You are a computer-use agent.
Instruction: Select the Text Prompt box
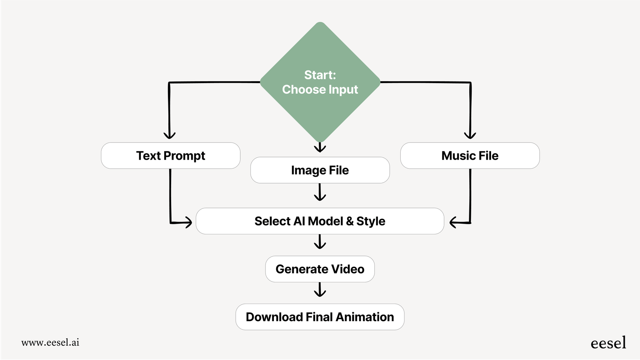coord(171,155)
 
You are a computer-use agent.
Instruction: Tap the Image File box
coord(320,170)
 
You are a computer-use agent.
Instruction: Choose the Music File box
coord(470,155)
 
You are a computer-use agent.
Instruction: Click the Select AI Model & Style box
coord(320,221)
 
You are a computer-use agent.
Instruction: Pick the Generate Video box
coord(320,269)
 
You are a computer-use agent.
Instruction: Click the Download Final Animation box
coord(320,317)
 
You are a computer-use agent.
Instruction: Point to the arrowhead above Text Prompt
coord(170,135)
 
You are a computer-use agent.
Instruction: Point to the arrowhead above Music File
coord(470,135)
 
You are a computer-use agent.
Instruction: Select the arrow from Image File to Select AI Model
coord(320,192)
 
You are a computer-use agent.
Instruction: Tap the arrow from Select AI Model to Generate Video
coord(320,242)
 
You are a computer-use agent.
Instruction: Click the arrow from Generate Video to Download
coord(320,290)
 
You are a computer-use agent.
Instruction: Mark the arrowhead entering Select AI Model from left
coord(188,222)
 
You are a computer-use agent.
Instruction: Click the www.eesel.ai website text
coord(50,342)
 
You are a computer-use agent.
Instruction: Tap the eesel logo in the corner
coord(608,343)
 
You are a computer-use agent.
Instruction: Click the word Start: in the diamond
coord(320,75)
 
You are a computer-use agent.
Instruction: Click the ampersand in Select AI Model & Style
coord(350,221)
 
